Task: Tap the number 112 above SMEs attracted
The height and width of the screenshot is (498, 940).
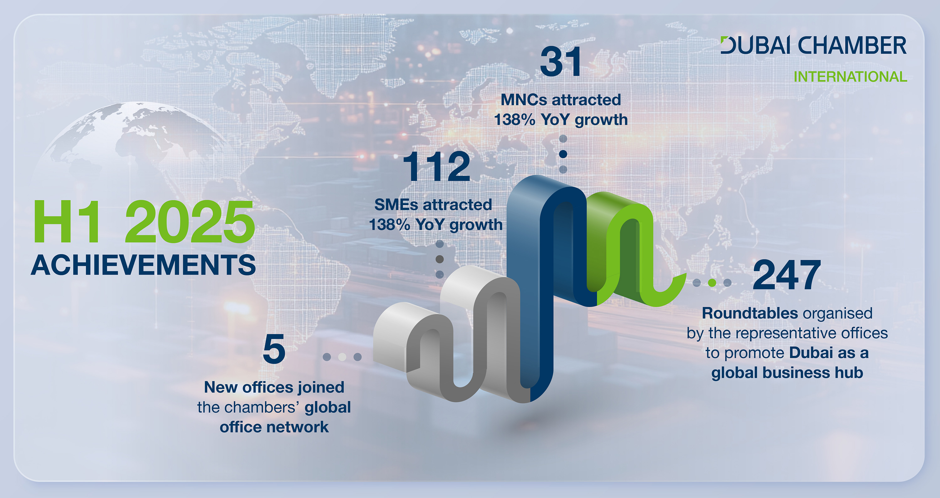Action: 437,166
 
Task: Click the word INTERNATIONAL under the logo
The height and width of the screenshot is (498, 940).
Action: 850,77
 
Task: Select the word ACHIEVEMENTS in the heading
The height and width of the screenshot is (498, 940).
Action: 143,265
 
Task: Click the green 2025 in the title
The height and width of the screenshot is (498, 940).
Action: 190,222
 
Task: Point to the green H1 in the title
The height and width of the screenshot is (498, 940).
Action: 66,222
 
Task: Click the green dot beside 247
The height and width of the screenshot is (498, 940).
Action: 712,283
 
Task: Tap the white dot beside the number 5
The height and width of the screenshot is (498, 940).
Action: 342,357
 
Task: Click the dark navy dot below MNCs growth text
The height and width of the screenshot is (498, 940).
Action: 563,154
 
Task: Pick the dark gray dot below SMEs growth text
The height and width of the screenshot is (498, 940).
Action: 440,259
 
